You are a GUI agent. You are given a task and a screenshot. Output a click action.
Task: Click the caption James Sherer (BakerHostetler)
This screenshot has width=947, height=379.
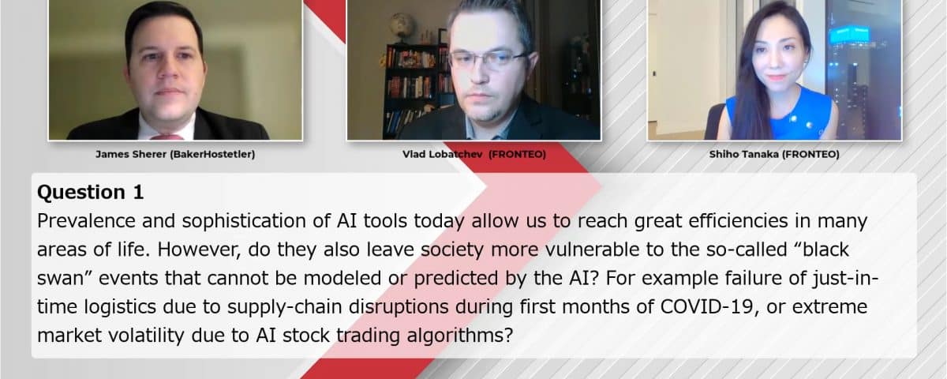[175, 155]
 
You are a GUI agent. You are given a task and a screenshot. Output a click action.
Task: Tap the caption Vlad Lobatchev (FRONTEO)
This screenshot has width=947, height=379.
[474, 155]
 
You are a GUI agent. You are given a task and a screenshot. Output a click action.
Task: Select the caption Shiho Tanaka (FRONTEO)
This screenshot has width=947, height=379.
[774, 155]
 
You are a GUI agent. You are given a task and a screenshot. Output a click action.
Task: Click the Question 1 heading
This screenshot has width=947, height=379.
[91, 192]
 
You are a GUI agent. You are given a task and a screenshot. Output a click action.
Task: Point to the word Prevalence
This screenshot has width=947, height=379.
[86, 221]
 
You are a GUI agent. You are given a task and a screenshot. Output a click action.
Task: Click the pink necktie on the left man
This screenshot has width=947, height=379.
[167, 137]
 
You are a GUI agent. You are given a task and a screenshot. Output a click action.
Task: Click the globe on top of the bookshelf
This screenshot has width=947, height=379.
[402, 27]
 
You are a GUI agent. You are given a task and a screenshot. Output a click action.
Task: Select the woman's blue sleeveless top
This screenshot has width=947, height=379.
[777, 115]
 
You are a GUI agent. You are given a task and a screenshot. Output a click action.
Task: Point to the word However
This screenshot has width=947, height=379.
[199, 250]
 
